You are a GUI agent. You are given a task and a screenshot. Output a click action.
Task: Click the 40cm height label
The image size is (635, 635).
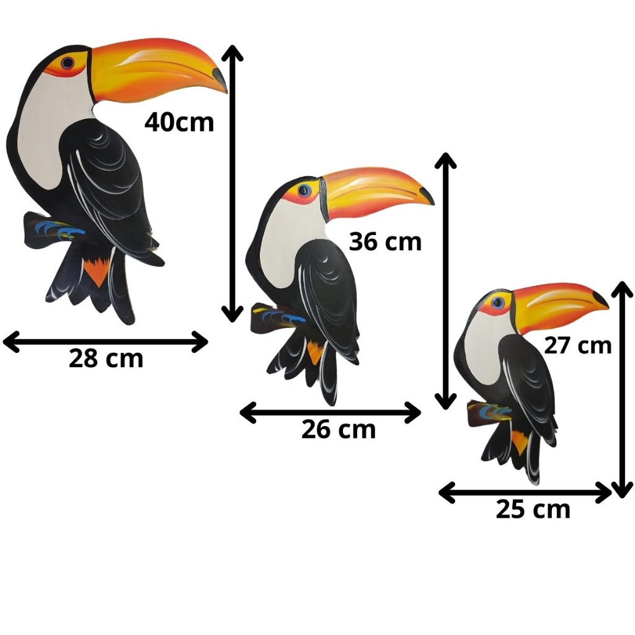179,122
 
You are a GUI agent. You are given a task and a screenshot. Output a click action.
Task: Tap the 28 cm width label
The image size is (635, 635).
106,358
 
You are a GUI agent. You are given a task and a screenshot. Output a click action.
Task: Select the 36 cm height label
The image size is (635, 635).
385,241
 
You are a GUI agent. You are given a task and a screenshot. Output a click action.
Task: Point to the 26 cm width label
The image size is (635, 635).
339,429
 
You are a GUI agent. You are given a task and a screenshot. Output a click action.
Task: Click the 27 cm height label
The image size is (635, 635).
578,345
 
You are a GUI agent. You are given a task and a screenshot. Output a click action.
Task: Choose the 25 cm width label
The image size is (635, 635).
533,509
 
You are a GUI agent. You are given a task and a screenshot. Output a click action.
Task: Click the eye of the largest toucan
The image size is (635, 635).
68,63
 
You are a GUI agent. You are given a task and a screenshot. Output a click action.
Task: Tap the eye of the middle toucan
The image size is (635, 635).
303,190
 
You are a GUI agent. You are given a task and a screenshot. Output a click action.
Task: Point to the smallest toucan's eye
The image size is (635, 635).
497,303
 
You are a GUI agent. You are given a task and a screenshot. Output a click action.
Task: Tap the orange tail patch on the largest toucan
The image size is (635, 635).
97,272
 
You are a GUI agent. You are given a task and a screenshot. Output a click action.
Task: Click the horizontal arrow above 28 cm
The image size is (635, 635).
105,341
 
